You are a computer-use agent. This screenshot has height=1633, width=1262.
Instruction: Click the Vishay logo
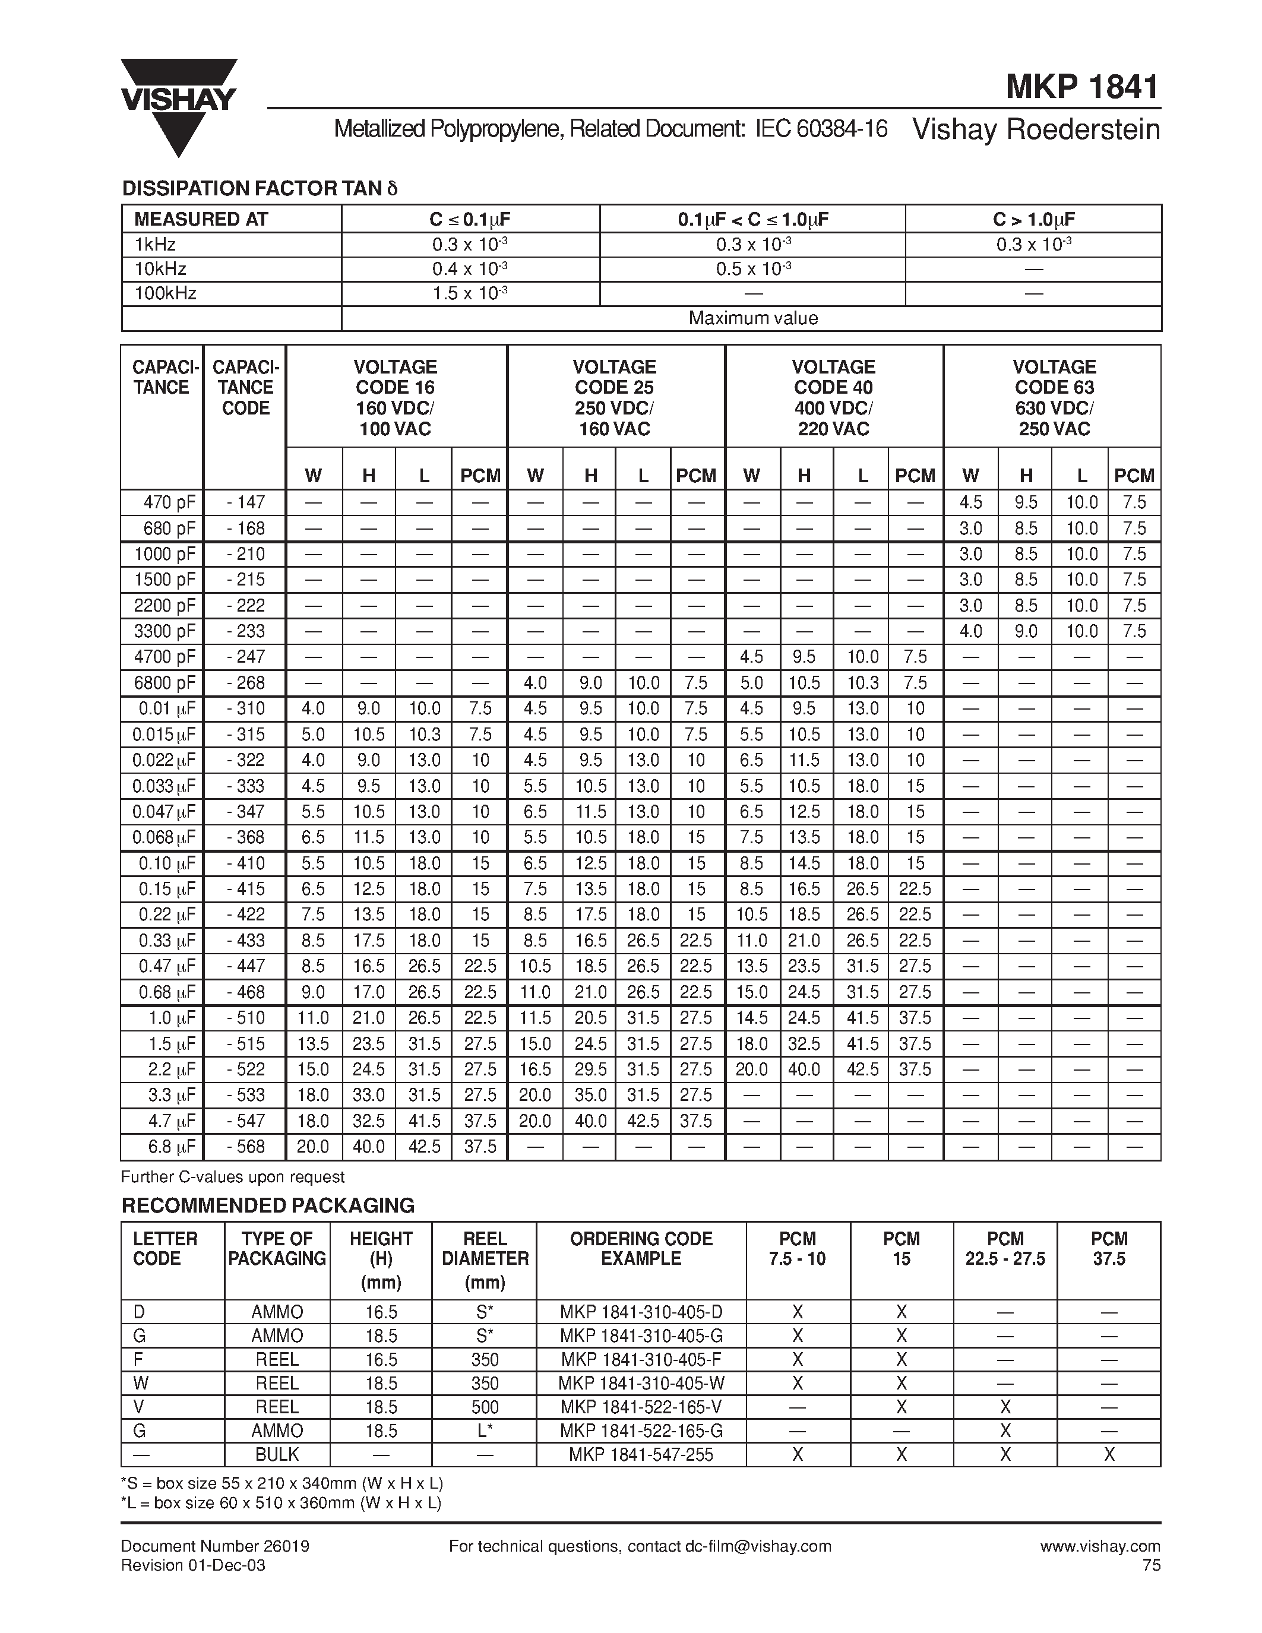tap(179, 106)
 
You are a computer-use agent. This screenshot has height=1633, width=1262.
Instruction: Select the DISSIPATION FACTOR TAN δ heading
tap(260, 188)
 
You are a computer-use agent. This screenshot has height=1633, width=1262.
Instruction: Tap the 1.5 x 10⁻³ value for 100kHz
tap(470, 293)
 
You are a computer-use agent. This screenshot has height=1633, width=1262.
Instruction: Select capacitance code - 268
tap(245, 683)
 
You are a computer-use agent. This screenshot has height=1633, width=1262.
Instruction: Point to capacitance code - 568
tap(245, 1146)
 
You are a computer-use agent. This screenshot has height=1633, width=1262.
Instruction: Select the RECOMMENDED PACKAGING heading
tap(268, 1205)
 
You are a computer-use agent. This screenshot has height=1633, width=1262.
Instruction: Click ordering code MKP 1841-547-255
tap(641, 1454)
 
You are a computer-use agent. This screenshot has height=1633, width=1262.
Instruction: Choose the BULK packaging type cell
tap(277, 1454)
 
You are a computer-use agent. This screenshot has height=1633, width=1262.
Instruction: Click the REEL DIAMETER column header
tap(485, 1261)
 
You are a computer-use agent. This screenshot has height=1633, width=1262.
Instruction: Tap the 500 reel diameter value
tap(485, 1407)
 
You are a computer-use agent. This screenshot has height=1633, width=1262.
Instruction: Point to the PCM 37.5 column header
tap(1108, 1249)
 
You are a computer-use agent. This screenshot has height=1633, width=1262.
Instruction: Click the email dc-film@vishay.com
tap(758, 1546)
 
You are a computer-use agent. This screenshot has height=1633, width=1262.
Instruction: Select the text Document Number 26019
tap(216, 1546)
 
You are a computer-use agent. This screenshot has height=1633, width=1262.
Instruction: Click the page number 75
tap(1152, 1565)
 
